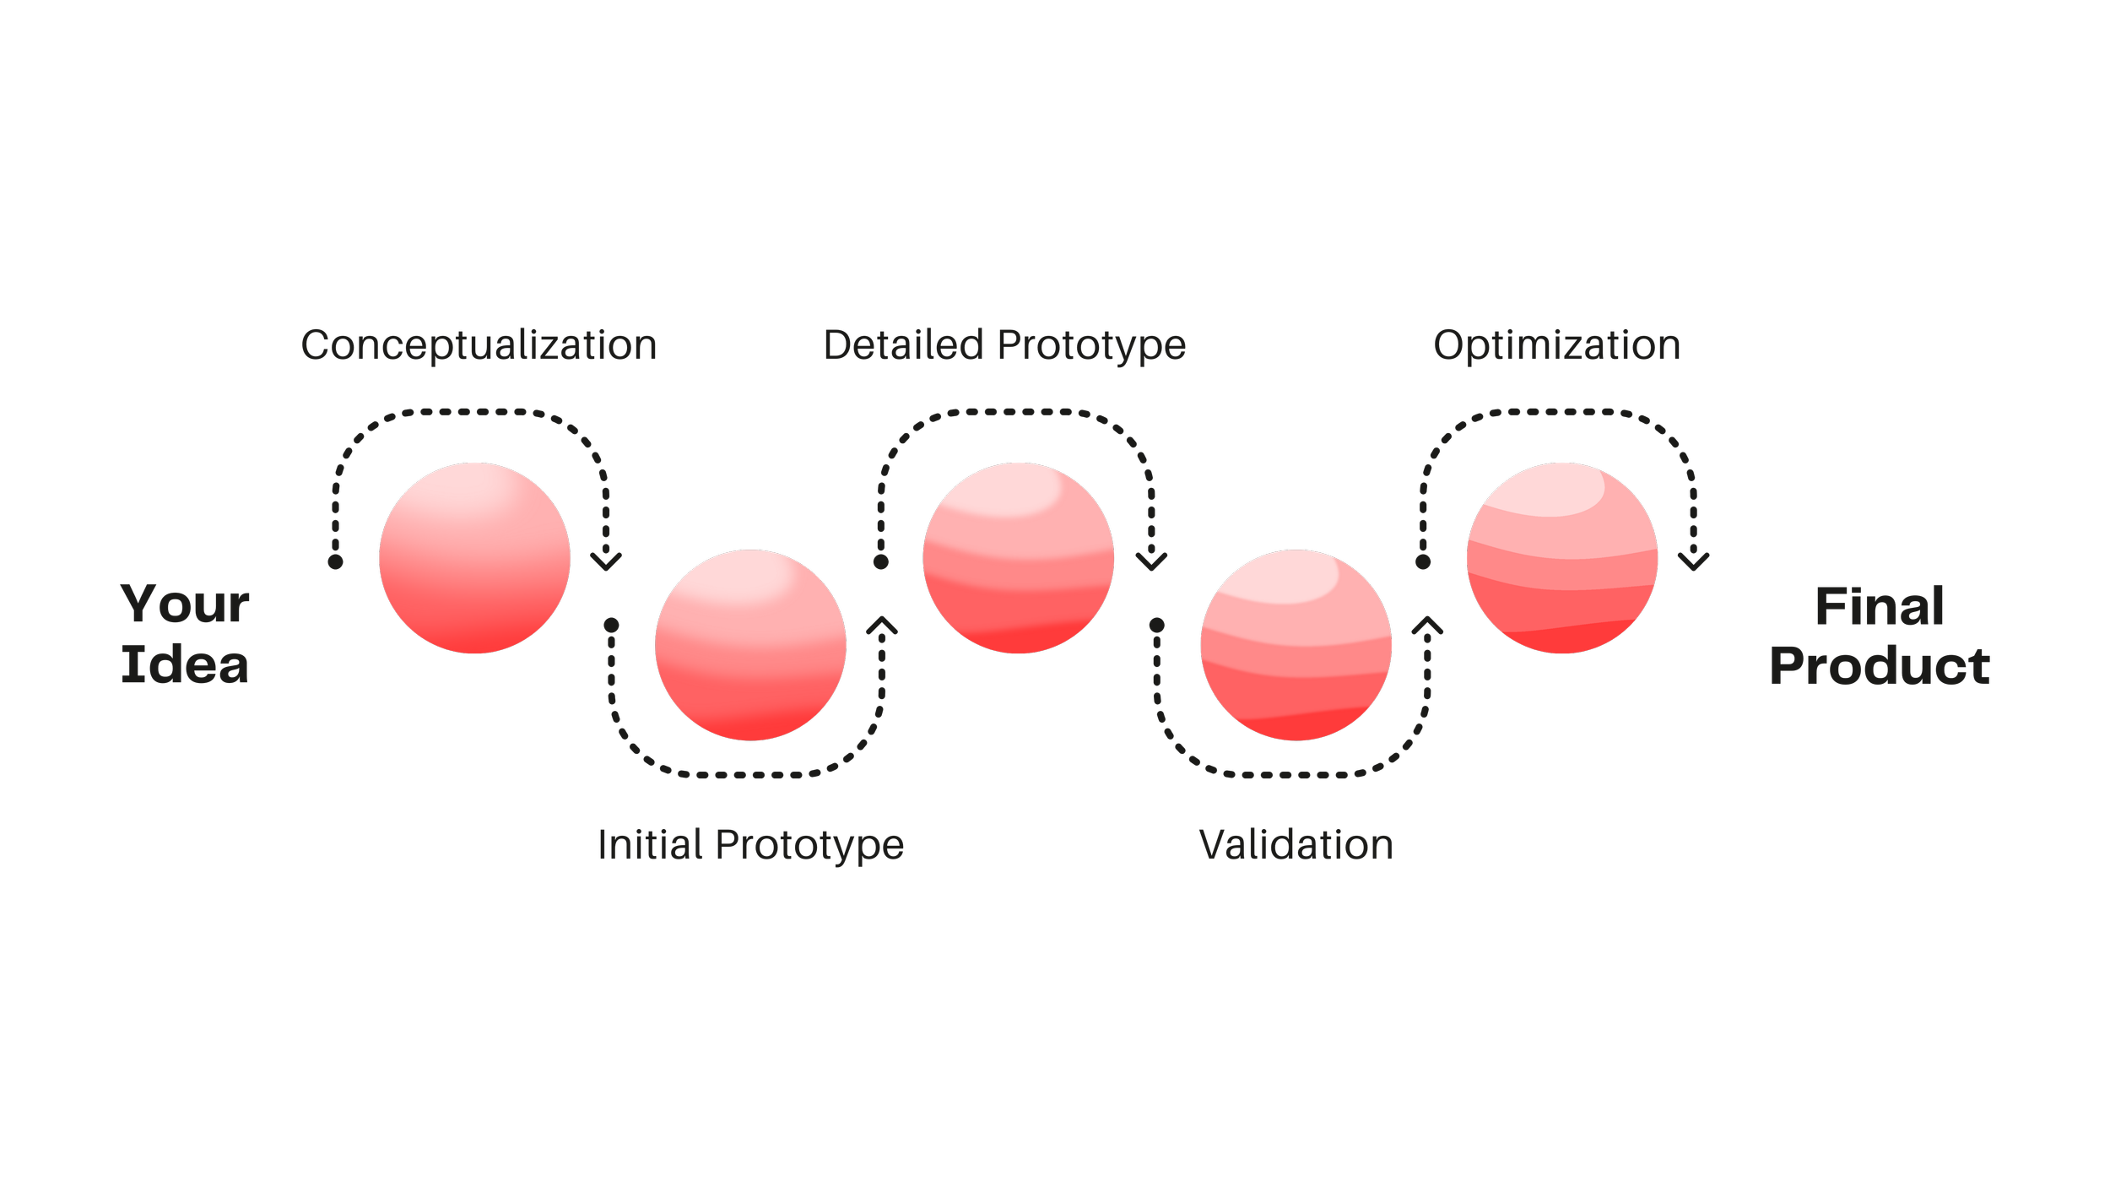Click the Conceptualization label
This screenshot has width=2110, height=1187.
point(479,346)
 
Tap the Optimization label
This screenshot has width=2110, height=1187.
point(1556,346)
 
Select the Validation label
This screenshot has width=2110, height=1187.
point(1296,845)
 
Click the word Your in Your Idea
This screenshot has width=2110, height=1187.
point(185,604)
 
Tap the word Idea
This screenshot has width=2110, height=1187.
point(185,665)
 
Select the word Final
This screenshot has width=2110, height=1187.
point(1880,606)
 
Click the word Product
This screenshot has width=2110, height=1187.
point(1880,667)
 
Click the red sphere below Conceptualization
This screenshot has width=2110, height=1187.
point(474,558)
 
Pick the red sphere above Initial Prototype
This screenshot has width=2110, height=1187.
point(750,645)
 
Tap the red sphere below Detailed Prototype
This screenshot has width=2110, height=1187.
point(1019,558)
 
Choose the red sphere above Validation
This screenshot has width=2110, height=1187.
point(1296,645)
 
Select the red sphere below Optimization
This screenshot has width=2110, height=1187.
point(1562,558)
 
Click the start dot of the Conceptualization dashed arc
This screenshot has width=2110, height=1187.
point(336,561)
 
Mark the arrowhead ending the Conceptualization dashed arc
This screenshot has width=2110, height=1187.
point(606,561)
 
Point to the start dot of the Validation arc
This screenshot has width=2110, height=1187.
point(1157,626)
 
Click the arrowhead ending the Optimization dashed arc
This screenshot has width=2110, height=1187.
point(1692,561)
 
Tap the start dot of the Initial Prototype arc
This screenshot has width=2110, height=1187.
point(612,626)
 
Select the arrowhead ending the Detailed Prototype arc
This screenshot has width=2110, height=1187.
point(1151,561)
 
